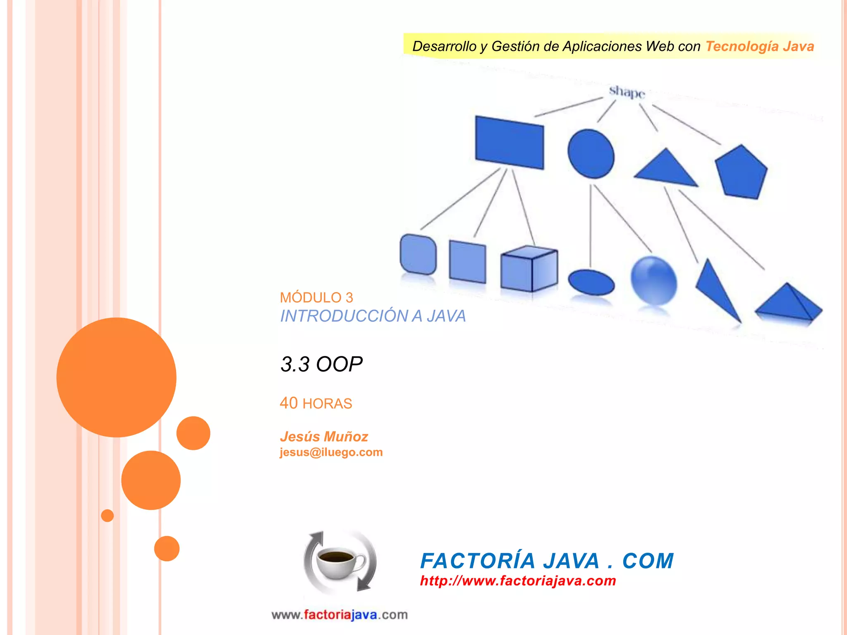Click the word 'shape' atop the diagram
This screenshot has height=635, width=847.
click(x=627, y=92)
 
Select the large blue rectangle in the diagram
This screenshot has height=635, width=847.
click(x=509, y=143)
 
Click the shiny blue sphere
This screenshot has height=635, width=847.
click(x=653, y=280)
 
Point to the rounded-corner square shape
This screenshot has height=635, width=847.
click(x=418, y=254)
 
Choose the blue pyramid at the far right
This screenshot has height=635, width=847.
click(x=788, y=304)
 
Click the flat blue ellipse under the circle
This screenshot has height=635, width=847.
click(x=591, y=282)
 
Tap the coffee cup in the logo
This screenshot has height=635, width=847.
click(x=340, y=562)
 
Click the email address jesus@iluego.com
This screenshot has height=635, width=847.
click(x=331, y=452)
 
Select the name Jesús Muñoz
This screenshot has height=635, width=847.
click(x=324, y=437)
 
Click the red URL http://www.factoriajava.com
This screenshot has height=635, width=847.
click(x=518, y=581)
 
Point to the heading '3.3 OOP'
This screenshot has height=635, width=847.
click(x=321, y=364)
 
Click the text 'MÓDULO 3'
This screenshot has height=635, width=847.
click(x=316, y=298)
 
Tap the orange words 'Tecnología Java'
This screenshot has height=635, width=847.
click(x=759, y=46)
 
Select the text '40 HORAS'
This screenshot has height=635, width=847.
click(x=316, y=403)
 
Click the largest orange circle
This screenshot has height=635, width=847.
click(x=116, y=377)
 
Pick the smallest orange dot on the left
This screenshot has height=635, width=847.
click(x=108, y=516)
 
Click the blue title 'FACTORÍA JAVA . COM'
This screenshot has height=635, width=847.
click(x=547, y=561)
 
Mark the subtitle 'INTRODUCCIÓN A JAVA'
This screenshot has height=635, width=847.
click(x=373, y=316)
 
